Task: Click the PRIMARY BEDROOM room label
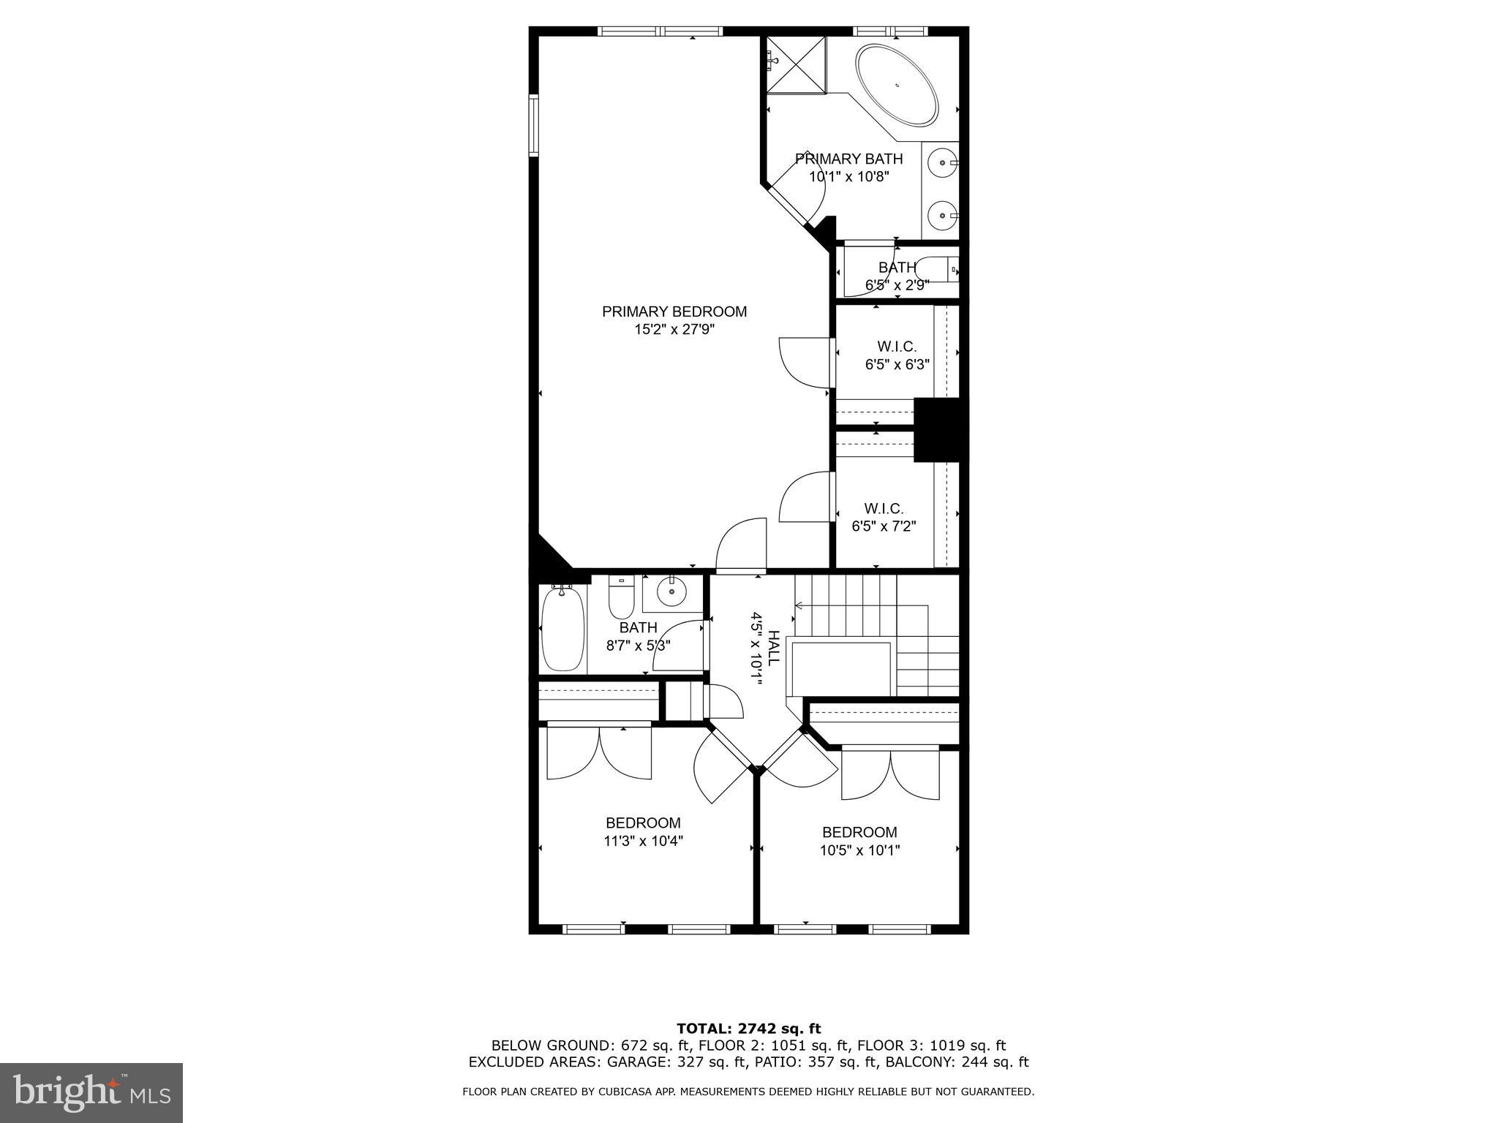tap(674, 312)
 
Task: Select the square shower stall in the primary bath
tap(796, 65)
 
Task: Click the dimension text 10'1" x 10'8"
tap(848, 177)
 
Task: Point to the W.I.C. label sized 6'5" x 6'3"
tap(897, 347)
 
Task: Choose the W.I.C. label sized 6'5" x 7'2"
tap(884, 509)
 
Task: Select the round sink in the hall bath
tap(670, 591)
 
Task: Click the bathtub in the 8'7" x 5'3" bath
tap(562, 630)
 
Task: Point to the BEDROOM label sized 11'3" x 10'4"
tap(643, 823)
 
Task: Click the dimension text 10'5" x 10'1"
tap(859, 851)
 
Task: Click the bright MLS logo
tap(91, 1093)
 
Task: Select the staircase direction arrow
tap(800, 605)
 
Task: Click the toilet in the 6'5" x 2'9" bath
tap(939, 270)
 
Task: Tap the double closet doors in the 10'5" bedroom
tap(890, 775)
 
